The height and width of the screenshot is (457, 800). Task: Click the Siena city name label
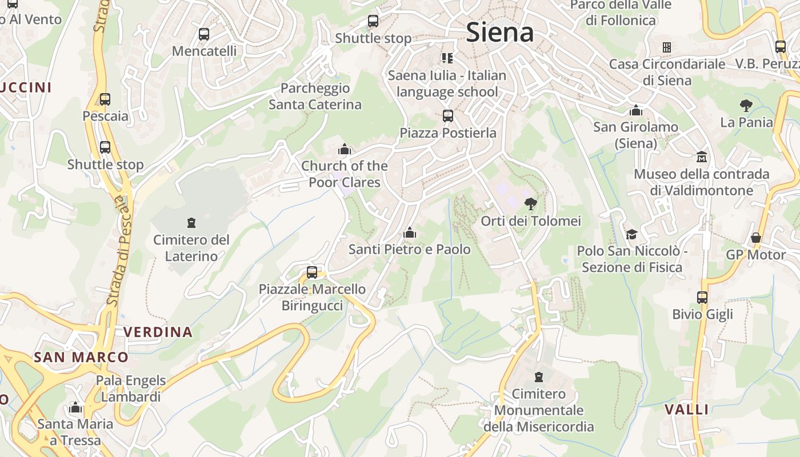tap(500, 32)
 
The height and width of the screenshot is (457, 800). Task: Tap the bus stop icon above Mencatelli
tap(204, 34)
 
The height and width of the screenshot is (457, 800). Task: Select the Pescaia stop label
tap(106, 116)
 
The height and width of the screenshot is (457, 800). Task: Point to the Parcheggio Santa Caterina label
tap(315, 97)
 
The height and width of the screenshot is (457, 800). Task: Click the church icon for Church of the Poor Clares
tap(345, 150)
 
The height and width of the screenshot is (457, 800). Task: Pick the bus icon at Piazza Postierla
tap(448, 116)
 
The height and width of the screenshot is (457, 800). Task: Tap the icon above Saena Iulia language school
tap(447, 58)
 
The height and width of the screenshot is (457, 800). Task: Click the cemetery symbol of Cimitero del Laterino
tap(191, 222)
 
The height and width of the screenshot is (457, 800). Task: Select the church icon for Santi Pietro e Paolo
tap(409, 233)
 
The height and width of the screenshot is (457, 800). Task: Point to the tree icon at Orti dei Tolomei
tap(531, 203)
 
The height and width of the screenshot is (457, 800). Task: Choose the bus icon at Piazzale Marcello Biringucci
tap(312, 272)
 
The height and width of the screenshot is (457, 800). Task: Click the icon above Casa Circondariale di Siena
tap(666, 47)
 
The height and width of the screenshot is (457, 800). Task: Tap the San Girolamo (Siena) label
tap(635, 135)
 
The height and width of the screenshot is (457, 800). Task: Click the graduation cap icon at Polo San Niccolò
tap(631, 234)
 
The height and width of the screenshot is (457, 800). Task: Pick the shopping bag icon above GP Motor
tap(756, 238)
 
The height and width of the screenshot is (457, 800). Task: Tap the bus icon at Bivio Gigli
tap(702, 297)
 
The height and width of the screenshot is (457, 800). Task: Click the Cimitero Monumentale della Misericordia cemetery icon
tap(538, 377)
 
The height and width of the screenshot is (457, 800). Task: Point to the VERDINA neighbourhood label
tap(158, 332)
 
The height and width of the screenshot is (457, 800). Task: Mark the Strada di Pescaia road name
tap(118, 251)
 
